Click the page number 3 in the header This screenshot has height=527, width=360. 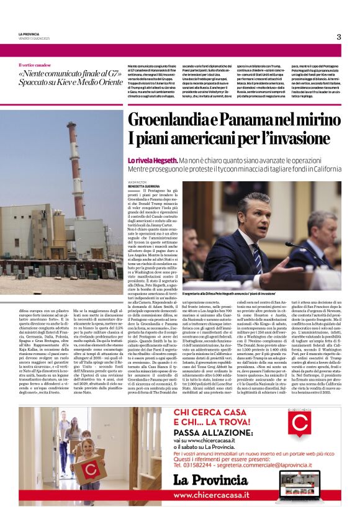click(339, 37)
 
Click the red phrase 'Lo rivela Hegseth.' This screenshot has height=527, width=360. click(152, 160)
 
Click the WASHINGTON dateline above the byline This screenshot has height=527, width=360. click(137, 182)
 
